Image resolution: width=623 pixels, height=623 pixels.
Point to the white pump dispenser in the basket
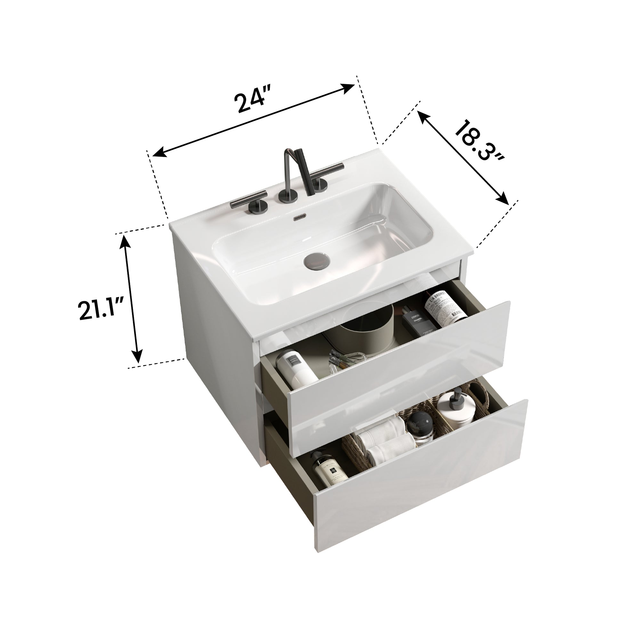458,408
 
